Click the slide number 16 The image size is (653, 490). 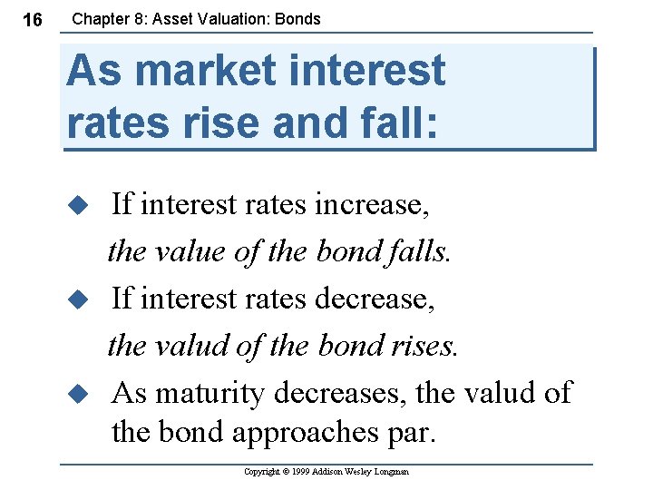tap(32, 19)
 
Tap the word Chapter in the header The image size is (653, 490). tap(101, 18)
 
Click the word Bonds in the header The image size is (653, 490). tap(298, 18)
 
